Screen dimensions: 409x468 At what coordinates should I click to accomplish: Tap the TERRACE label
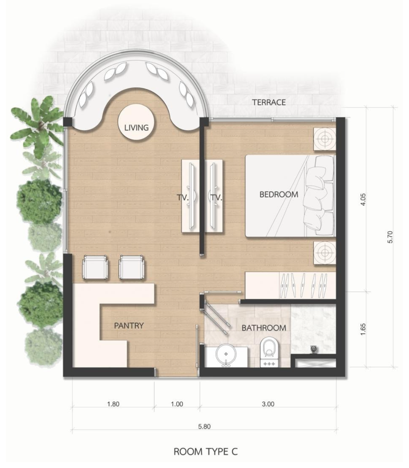click(269, 103)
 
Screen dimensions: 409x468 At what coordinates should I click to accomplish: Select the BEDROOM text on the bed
click(279, 195)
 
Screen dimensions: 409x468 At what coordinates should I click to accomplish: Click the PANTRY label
click(129, 326)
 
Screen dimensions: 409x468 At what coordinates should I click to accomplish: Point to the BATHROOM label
click(264, 328)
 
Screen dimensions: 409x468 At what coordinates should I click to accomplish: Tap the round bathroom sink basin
click(226, 354)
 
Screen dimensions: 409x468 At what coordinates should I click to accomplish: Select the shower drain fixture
click(314, 349)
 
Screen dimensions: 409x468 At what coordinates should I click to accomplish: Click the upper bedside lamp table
click(324, 139)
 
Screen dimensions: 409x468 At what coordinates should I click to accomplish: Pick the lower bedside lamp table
click(324, 253)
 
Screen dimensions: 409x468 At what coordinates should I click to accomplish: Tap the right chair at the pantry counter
click(131, 267)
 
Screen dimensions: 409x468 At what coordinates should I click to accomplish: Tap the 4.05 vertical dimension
click(363, 200)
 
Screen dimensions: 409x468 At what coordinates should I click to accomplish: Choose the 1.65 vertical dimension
click(363, 330)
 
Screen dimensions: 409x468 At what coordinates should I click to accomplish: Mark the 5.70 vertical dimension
click(390, 237)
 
